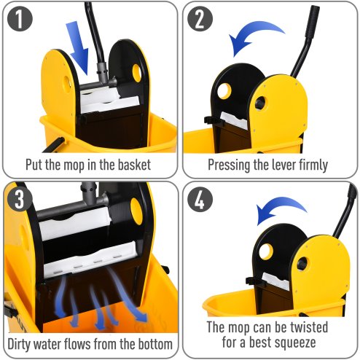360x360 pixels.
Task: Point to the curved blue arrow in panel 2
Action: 256,36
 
